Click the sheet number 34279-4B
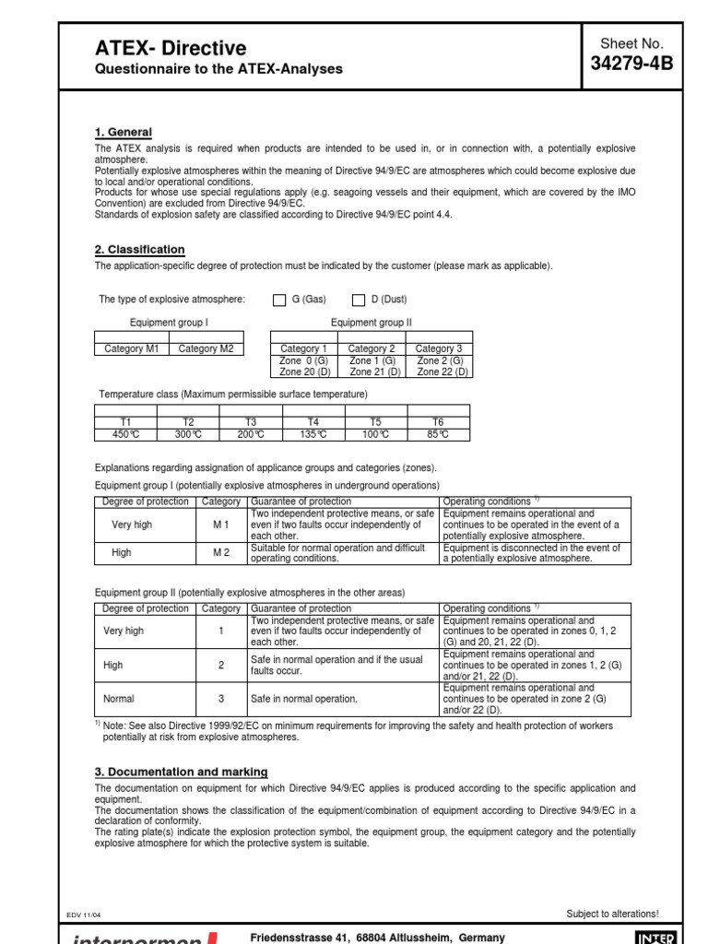tap(631, 63)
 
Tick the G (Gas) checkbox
tap(280, 300)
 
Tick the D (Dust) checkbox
tap(360, 300)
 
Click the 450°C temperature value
tap(124, 434)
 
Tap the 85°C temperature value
tap(438, 434)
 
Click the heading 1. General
tap(124, 133)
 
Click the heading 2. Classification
tap(140, 250)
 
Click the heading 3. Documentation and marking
tap(182, 772)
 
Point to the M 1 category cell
tap(221, 525)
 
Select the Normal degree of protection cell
tap(119, 700)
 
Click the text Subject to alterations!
tap(612, 914)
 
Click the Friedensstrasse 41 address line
tap(378, 937)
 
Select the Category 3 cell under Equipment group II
tap(438, 348)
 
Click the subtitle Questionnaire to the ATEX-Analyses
tap(219, 69)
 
